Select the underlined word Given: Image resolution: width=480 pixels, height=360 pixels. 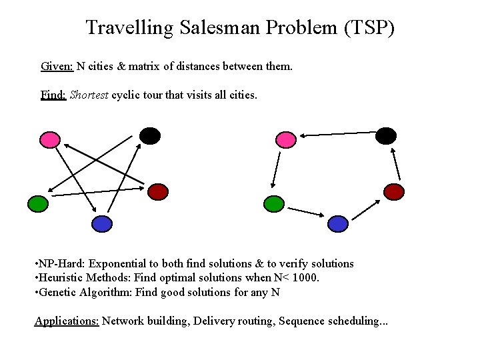57,67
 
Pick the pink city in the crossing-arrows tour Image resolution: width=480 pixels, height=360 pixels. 49,139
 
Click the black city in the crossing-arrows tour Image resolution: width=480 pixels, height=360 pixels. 150,135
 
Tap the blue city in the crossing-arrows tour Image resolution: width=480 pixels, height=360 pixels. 101,223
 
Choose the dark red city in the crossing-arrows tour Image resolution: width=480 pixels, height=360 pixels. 158,192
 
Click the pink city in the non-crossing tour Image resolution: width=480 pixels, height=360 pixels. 285,139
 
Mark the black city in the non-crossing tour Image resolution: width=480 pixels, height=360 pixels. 385,136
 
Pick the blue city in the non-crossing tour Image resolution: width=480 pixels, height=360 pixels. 338,223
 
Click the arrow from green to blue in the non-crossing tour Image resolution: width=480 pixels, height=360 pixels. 306,213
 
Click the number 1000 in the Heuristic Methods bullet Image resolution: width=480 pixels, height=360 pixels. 304,277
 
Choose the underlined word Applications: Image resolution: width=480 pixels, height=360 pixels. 67,321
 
